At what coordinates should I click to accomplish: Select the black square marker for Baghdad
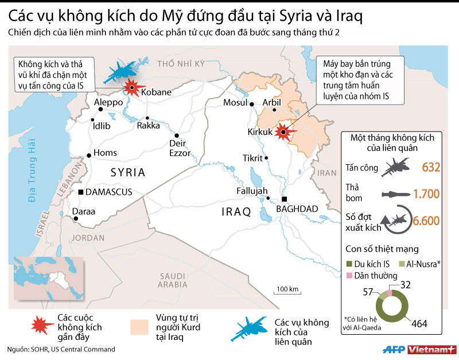pos(283,199)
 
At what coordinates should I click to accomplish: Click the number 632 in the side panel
pos(430,167)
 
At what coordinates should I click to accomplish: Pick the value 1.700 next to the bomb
pos(426,193)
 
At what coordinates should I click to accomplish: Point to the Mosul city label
pos(234,103)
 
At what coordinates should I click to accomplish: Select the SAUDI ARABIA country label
pos(173,280)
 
